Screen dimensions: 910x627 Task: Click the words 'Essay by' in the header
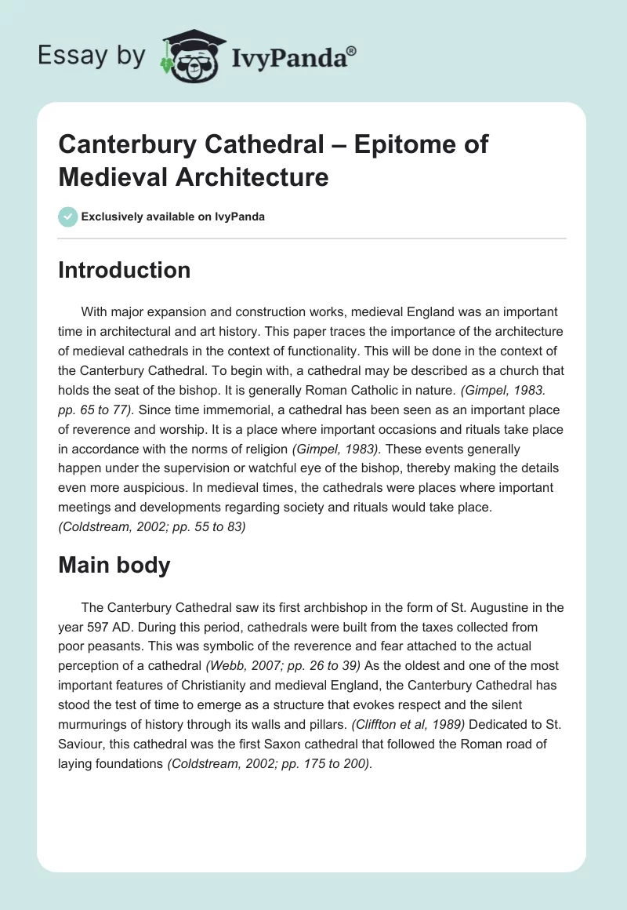[x=91, y=56]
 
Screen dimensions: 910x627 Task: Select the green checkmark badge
[x=68, y=217]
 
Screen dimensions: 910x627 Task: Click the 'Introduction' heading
[x=125, y=270]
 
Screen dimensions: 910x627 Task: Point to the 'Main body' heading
[x=114, y=566]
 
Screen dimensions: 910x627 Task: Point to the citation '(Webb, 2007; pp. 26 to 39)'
[x=283, y=664]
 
